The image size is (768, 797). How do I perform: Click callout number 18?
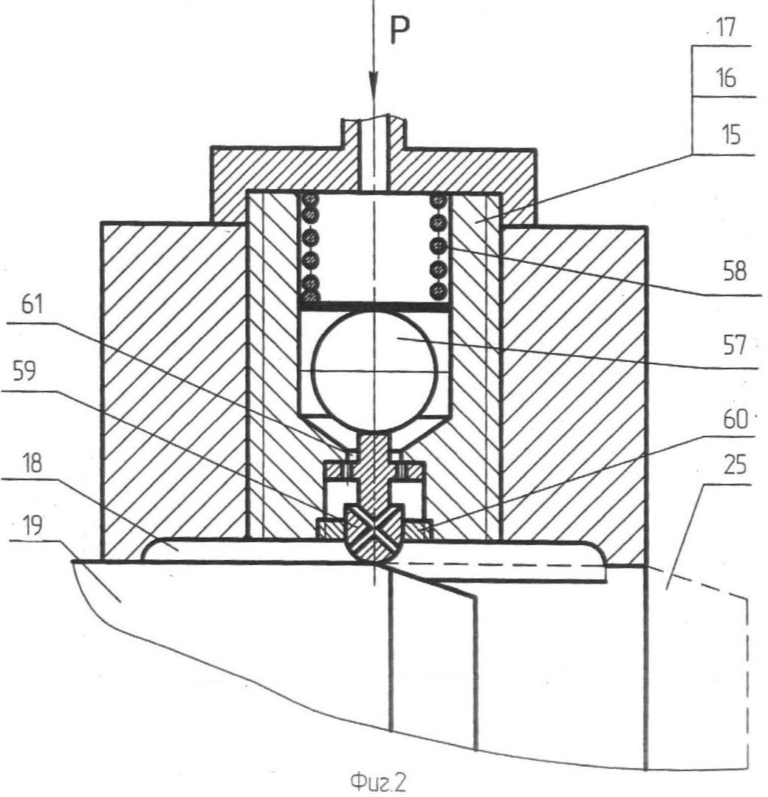click(x=32, y=463)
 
